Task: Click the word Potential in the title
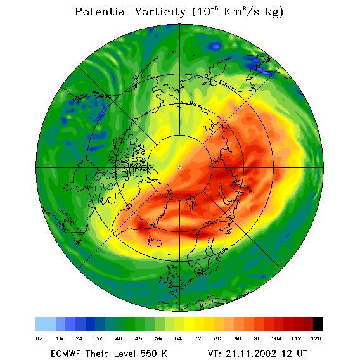pyautogui.click(x=101, y=11)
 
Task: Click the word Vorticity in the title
pyautogui.click(x=160, y=11)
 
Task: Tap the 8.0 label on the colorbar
pyautogui.click(x=40, y=338)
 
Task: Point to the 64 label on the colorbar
pyautogui.click(x=178, y=338)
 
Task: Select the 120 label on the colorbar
pyautogui.click(x=316, y=338)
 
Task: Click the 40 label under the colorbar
pyautogui.click(x=119, y=338)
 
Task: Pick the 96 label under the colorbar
pyautogui.click(x=257, y=338)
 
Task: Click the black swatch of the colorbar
pyautogui.click(x=318, y=324)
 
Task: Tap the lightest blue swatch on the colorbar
pyautogui.click(x=46, y=324)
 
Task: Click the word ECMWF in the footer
pyautogui.click(x=65, y=353)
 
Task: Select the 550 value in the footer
pyautogui.click(x=148, y=353)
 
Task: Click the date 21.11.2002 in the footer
pyautogui.click(x=251, y=353)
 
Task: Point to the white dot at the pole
pyautogui.click(x=179, y=168)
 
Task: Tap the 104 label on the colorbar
pyautogui.click(x=276, y=338)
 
